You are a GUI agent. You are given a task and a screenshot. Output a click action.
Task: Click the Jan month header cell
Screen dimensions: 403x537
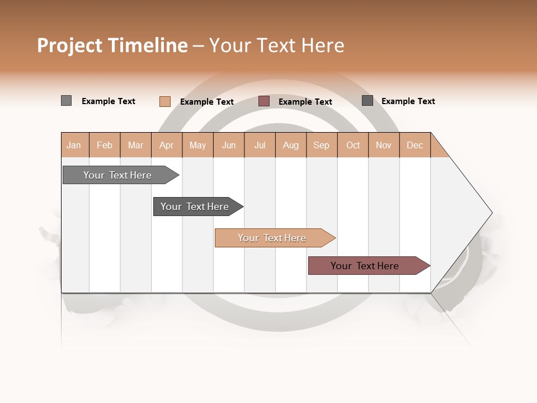(x=74, y=145)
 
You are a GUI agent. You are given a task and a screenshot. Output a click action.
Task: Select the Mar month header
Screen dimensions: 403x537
(x=135, y=145)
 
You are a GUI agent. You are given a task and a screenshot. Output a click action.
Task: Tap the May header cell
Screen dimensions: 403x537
(x=197, y=145)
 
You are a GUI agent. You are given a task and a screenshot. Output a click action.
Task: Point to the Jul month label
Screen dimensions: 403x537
(x=260, y=145)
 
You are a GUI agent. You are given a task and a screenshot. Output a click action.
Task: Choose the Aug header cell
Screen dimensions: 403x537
(x=291, y=145)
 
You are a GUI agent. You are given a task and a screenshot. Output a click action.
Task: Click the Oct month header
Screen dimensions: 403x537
(x=353, y=145)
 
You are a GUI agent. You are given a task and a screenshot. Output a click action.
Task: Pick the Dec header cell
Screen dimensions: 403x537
(x=414, y=145)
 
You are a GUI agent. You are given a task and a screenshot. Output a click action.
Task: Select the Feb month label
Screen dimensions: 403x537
(x=105, y=145)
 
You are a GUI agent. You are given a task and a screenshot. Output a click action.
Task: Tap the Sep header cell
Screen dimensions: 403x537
(x=322, y=145)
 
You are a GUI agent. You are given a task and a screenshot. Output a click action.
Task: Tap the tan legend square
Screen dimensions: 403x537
(x=165, y=101)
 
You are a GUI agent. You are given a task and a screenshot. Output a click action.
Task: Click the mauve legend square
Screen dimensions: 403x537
(x=264, y=101)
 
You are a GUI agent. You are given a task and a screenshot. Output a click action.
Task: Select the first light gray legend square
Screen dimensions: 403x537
(x=66, y=101)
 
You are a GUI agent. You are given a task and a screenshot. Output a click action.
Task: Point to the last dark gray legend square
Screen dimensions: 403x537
(x=368, y=101)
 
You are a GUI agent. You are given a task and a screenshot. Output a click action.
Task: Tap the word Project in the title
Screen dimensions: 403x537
(x=70, y=45)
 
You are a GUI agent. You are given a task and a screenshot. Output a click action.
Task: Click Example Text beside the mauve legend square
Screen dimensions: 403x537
(x=305, y=101)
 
